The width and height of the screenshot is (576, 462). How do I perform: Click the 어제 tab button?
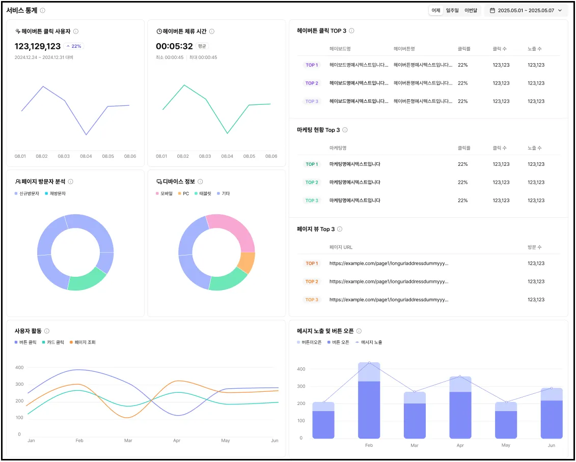[x=436, y=10]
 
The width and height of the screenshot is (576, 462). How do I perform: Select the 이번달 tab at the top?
[x=471, y=10]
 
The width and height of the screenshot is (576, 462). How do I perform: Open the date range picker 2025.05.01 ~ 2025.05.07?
[x=526, y=10]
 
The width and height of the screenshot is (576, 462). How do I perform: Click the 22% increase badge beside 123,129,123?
[x=74, y=46]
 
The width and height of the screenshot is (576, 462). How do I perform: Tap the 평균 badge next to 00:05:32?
[x=202, y=46]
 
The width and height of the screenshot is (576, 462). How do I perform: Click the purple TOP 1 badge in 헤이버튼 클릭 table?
[x=312, y=65]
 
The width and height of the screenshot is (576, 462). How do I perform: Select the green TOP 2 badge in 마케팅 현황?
[x=312, y=182]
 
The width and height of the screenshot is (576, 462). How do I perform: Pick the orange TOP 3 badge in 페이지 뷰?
[x=312, y=300]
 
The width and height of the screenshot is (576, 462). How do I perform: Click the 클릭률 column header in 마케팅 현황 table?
[x=464, y=148]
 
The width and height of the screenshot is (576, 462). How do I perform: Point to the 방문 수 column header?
[x=535, y=247]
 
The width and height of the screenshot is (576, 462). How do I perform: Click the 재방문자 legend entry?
[x=56, y=194]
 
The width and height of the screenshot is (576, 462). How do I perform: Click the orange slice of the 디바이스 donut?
[x=246, y=262]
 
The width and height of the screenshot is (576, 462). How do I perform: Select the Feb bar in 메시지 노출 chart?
[x=369, y=402]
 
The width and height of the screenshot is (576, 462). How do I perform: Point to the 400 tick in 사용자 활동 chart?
[x=20, y=367]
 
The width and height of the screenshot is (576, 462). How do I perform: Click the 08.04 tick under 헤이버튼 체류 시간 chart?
[x=227, y=156]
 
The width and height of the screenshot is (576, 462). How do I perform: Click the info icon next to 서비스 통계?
[x=43, y=10]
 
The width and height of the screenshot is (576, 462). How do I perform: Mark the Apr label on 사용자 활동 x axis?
[x=177, y=441]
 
